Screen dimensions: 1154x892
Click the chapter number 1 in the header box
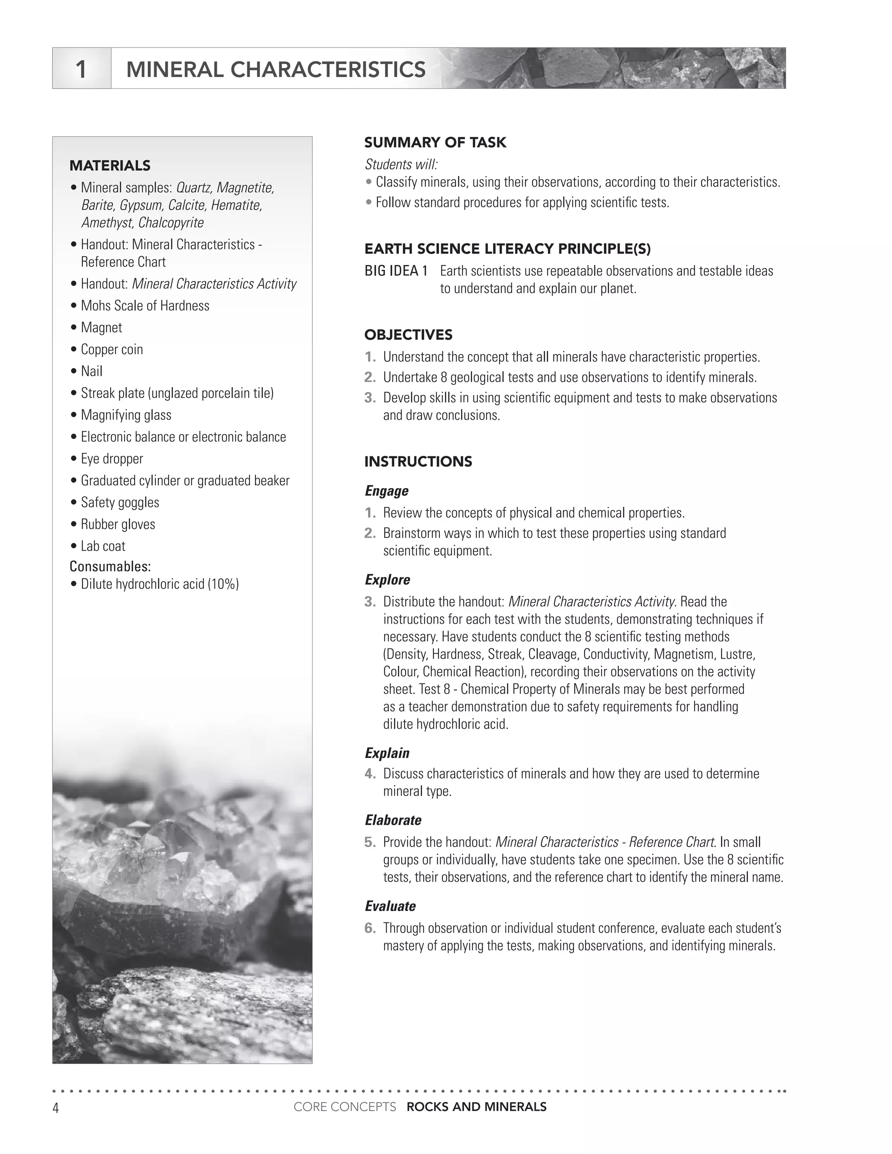81,69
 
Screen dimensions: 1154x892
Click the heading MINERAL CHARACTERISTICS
275,70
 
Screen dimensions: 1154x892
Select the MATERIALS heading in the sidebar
110,165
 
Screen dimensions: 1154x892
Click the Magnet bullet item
101,327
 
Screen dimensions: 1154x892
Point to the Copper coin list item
111,349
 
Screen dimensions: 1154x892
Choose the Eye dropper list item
111,459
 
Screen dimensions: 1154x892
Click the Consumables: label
110,567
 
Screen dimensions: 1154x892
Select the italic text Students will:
401,164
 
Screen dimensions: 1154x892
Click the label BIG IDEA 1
396,271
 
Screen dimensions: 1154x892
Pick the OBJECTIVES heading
408,334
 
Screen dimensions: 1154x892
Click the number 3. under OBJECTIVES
370,398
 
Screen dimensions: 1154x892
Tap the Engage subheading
386,491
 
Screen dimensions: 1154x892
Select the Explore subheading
387,580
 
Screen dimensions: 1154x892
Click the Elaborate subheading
392,820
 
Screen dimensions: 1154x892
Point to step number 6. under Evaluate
370,928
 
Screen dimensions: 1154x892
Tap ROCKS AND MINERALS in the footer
476,1107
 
